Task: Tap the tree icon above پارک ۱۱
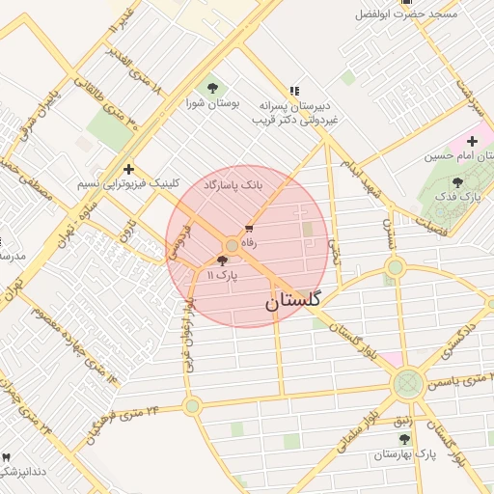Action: tap(223, 261)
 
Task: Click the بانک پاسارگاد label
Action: tap(234, 183)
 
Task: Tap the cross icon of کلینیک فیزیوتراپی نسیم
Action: tap(128, 169)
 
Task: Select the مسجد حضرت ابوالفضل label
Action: tap(424, 14)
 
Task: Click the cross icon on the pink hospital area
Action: tap(472, 141)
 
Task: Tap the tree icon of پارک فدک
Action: tap(457, 182)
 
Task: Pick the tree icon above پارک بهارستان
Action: tap(404, 439)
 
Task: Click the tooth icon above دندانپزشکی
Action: tap(7, 456)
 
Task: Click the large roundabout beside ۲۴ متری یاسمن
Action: tap(407, 383)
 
